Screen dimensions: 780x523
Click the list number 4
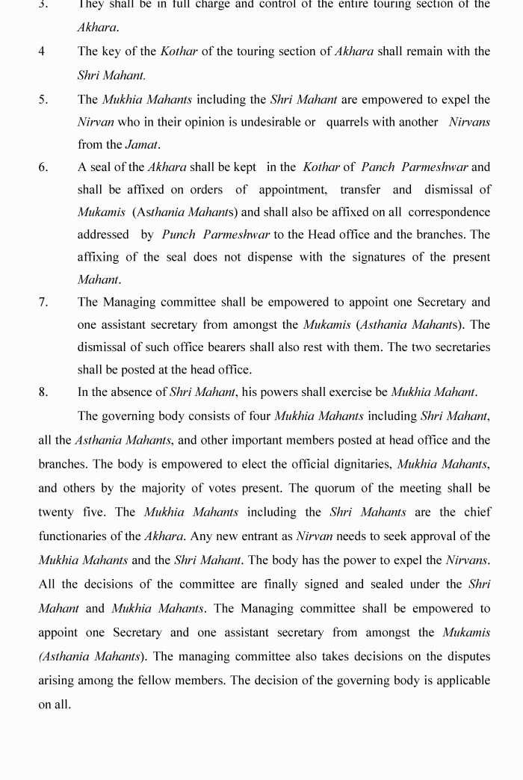42,52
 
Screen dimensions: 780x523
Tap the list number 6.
43,167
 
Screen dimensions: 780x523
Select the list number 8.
43,392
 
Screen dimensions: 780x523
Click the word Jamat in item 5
142,145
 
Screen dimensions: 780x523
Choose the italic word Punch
178,235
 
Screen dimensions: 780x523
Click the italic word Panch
377,167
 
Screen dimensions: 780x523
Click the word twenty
56,513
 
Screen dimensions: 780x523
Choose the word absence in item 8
131,392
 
